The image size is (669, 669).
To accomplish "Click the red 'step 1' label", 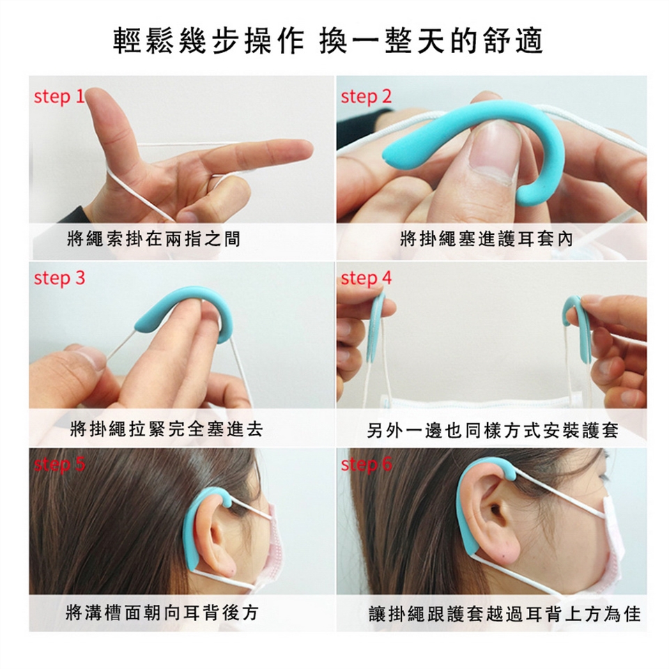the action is pyautogui.click(x=59, y=97).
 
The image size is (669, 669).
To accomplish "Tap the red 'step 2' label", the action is pyautogui.click(x=366, y=97).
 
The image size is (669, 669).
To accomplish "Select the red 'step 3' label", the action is pyautogui.click(x=60, y=279).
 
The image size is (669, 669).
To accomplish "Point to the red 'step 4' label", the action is pyautogui.click(x=366, y=279).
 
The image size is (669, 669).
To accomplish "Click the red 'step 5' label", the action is pyautogui.click(x=60, y=465).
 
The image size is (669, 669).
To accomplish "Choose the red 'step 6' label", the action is pyautogui.click(x=366, y=465).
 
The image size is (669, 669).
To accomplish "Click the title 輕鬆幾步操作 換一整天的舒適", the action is pyautogui.click(x=328, y=41).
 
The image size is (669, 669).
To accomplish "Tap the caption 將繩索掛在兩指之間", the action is pyautogui.click(x=153, y=239).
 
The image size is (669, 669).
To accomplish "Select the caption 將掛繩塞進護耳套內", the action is pyautogui.click(x=486, y=239).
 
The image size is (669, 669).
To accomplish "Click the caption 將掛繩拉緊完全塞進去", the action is pyautogui.click(x=167, y=429).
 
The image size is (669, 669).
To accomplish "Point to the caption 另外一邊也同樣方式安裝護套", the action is pyautogui.click(x=493, y=431).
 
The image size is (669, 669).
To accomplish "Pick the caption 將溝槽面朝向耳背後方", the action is pyautogui.click(x=162, y=613).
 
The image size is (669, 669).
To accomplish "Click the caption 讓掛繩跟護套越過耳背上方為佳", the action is pyautogui.click(x=505, y=615).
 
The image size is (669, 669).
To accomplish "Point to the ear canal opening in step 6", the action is pyautogui.click(x=495, y=509).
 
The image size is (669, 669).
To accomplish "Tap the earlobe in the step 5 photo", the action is pyautogui.click(x=226, y=564).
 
